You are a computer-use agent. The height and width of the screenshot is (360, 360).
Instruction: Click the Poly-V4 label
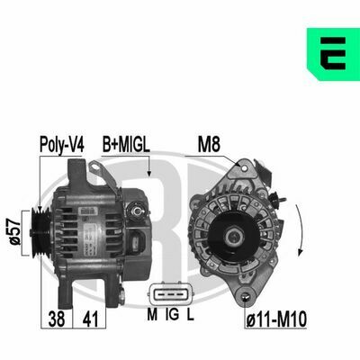tap(62, 145)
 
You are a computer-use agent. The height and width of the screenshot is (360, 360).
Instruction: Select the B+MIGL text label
tap(126, 144)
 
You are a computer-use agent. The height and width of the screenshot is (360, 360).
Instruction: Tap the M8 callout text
tap(209, 144)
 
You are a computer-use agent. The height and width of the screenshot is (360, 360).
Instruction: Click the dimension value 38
tap(57, 319)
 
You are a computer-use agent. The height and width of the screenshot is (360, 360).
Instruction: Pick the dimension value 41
tap(90, 319)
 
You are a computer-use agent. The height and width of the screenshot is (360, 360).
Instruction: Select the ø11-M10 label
tap(276, 319)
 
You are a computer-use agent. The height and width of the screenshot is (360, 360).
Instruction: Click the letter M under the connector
tap(152, 314)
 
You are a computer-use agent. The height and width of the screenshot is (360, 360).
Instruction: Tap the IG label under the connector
tap(173, 314)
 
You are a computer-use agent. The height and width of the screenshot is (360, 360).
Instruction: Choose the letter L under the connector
tap(191, 314)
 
